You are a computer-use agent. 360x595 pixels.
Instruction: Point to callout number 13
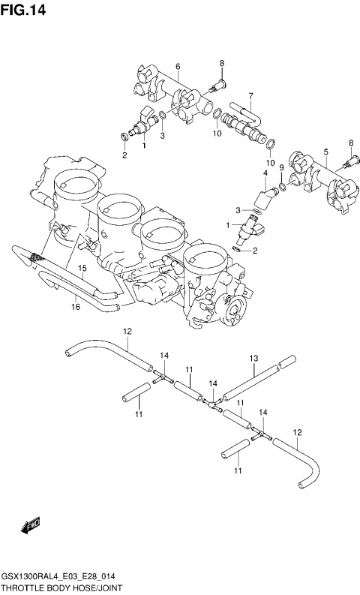point(253,358)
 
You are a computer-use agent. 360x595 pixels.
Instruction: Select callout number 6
point(178,66)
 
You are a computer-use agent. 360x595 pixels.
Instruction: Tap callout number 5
point(325,152)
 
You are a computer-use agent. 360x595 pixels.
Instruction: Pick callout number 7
point(251,95)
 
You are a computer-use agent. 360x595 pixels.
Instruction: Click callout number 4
point(265,173)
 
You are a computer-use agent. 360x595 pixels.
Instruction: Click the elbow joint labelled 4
point(265,197)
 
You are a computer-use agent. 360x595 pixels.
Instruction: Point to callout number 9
point(281,167)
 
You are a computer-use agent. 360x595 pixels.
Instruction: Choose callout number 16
point(76,306)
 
